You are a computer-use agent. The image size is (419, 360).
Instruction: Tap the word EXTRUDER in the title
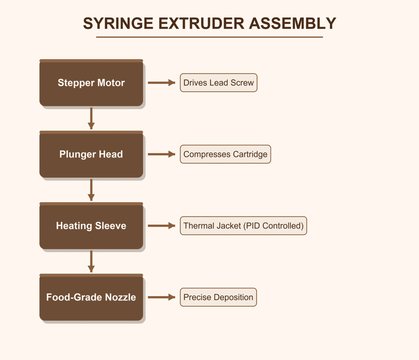click(201, 23)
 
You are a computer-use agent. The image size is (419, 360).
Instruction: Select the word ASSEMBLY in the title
click(292, 23)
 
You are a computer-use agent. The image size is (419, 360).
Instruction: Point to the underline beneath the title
click(209, 37)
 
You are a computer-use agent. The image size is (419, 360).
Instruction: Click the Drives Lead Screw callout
click(219, 83)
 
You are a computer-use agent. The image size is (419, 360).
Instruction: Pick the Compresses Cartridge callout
click(225, 154)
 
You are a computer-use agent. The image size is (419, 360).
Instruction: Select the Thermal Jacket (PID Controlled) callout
click(243, 226)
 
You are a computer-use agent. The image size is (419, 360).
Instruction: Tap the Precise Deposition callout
click(218, 297)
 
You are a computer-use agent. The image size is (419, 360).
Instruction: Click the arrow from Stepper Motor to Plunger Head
click(91, 118)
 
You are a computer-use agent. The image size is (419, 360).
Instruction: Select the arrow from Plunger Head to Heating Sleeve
click(91, 190)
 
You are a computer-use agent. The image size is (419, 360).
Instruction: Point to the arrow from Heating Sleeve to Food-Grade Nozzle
click(91, 261)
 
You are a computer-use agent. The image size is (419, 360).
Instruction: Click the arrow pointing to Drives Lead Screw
click(161, 83)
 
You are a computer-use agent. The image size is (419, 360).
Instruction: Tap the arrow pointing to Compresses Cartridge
click(161, 154)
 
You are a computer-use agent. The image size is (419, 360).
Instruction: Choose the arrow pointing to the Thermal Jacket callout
click(161, 226)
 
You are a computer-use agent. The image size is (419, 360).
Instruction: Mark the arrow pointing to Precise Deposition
click(161, 297)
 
